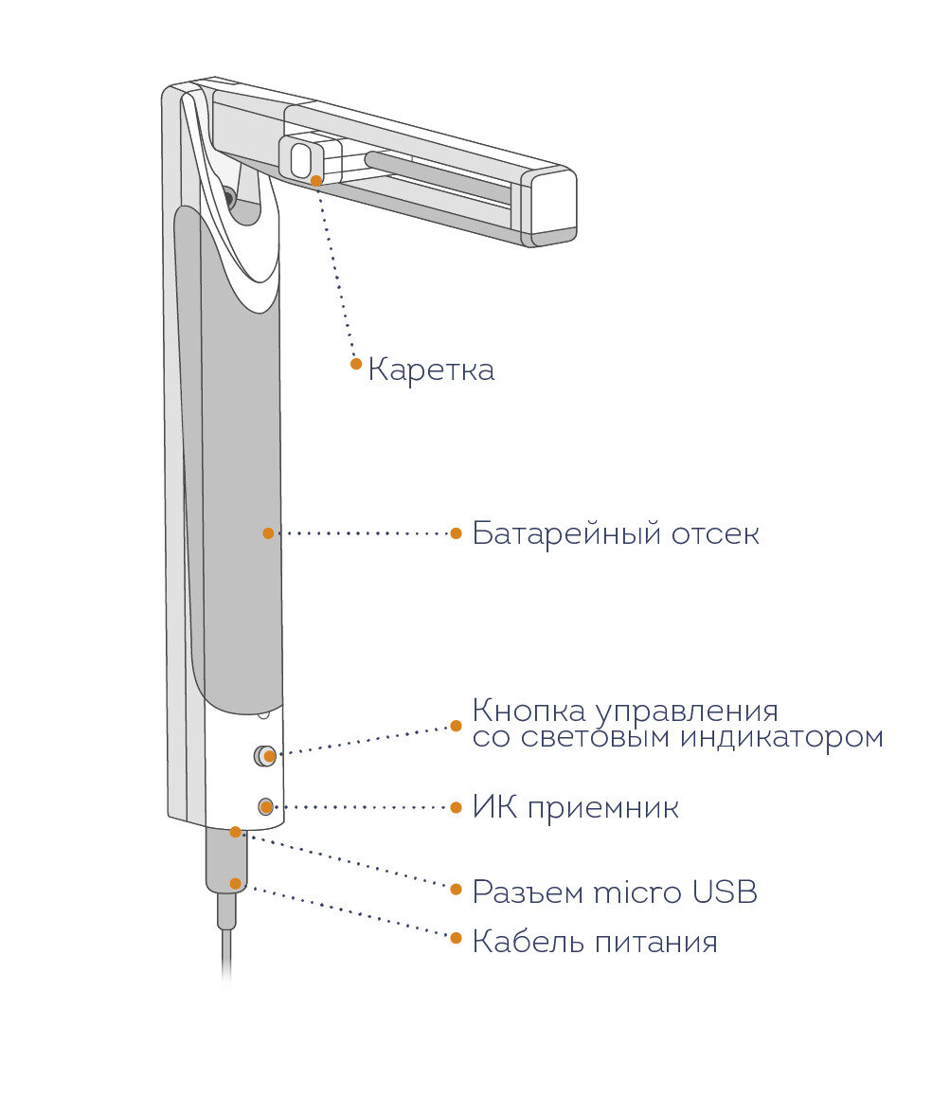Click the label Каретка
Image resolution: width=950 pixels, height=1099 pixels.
(431, 369)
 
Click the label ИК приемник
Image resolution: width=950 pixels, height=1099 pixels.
(576, 808)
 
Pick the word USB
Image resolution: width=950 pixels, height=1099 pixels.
(726, 892)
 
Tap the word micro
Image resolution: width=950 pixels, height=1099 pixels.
(639, 892)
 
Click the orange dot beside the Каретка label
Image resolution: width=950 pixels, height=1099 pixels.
(356, 363)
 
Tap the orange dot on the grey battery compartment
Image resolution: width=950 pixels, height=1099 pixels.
(268, 533)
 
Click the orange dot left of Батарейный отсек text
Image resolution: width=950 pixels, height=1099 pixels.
(456, 533)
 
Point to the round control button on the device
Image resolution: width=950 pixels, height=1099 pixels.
(264, 756)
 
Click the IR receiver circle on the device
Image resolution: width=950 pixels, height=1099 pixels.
(266, 807)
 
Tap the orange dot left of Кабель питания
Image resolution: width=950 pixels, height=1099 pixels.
(456, 939)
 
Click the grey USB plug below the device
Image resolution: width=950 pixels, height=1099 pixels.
(227, 862)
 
